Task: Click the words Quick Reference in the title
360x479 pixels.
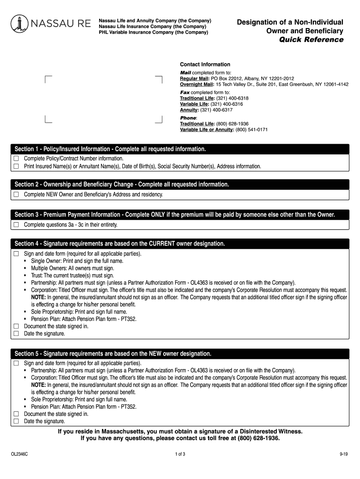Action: [x=311, y=40]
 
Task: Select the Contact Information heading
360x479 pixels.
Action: [x=205, y=64]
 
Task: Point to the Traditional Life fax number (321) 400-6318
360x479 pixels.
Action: [x=232, y=99]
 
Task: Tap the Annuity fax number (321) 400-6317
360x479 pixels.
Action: [x=216, y=110]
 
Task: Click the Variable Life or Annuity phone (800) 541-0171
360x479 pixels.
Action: [x=252, y=130]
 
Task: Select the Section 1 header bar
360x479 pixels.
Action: [x=180, y=149]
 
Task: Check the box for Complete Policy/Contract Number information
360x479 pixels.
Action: [x=16, y=159]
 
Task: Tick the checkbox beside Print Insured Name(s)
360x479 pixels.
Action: [x=16, y=166]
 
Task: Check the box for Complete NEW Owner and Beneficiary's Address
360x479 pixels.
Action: [x=16, y=194]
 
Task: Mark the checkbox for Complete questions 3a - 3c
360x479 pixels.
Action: [x=16, y=225]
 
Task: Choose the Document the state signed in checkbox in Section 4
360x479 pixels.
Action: [x=16, y=326]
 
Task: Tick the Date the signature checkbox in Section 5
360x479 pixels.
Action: [x=16, y=421]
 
